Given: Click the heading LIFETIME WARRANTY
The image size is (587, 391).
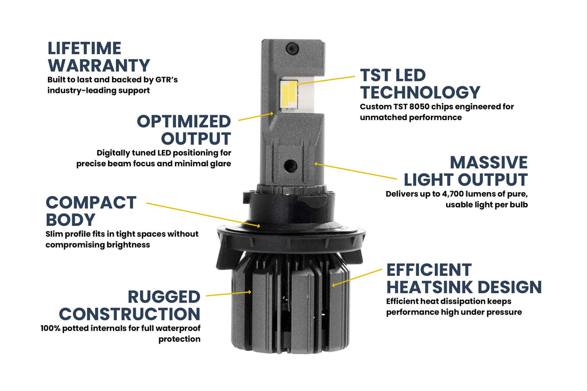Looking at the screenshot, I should pyautogui.click(x=98, y=56).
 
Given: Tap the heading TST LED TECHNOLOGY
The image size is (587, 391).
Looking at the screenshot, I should pyautogui.click(x=420, y=84).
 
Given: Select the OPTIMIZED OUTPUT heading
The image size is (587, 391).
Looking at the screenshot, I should pyautogui.click(x=184, y=129).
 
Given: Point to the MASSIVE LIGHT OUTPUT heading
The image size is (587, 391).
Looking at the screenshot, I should pyautogui.click(x=465, y=171).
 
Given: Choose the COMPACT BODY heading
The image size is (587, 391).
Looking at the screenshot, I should pyautogui.click(x=91, y=211).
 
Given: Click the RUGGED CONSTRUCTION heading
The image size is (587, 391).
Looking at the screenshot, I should pyautogui.click(x=129, y=305).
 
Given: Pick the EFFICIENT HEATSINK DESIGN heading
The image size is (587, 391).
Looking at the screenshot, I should pyautogui.click(x=464, y=278).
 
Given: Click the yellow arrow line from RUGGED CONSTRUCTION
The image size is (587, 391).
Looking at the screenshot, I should pyautogui.click(x=229, y=293).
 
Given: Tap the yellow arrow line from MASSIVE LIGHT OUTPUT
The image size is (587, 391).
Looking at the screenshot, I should pyautogui.click(x=357, y=171).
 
